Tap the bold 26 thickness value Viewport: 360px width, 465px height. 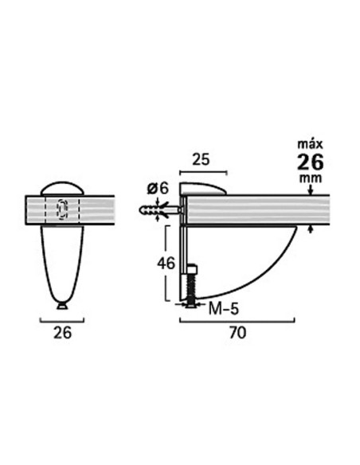point(309,163)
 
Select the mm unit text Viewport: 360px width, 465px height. point(309,181)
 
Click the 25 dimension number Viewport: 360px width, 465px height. point(202,159)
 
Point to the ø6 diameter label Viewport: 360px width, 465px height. point(158,187)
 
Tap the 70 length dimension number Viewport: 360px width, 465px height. point(236,334)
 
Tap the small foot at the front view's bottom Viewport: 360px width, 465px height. point(62,304)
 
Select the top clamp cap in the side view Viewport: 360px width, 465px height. point(203,187)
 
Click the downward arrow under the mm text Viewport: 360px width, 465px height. point(310,191)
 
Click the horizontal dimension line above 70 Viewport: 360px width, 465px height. point(236,321)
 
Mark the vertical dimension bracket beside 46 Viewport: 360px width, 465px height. point(167,263)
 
